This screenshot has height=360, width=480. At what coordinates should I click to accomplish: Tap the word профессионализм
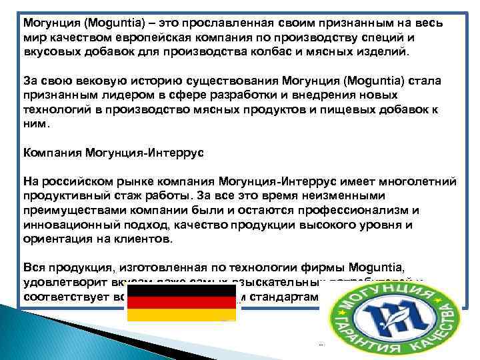point(346,211)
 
